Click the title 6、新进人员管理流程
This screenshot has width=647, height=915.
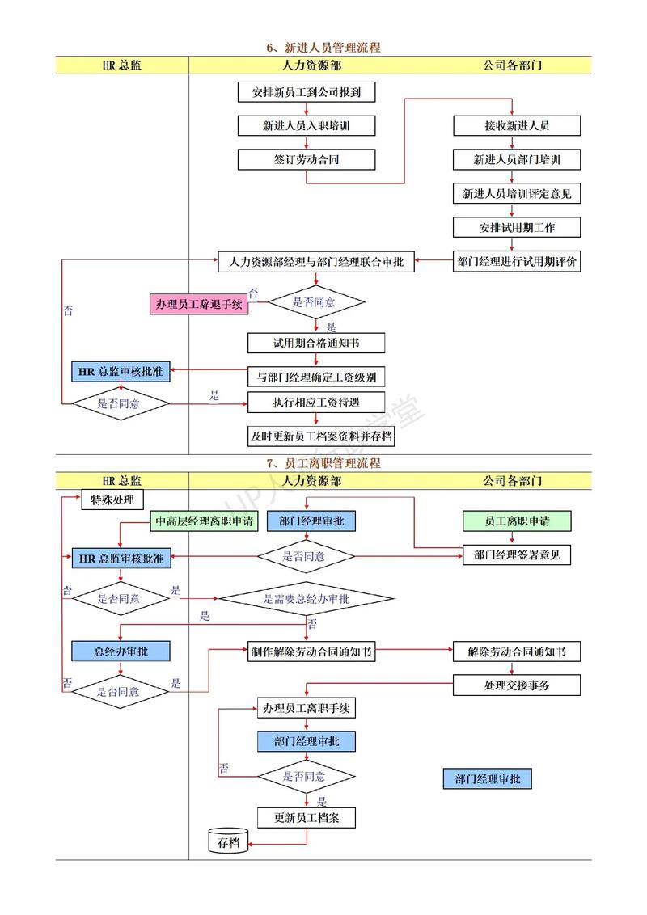(x=323, y=48)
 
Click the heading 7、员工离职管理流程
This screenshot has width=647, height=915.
(x=323, y=463)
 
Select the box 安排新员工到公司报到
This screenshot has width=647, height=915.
(x=307, y=92)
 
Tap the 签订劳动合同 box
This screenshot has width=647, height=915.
(x=307, y=159)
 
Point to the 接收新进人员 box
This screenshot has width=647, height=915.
(x=517, y=126)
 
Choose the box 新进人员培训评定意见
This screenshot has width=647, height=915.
(x=517, y=194)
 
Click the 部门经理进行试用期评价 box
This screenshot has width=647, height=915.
(x=517, y=261)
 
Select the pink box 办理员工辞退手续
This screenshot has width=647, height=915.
(x=199, y=304)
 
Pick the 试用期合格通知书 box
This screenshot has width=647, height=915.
(x=316, y=343)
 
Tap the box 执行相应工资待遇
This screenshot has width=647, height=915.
(x=316, y=402)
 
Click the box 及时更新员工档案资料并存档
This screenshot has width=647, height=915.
(x=321, y=436)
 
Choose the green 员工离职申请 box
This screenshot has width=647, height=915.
(x=517, y=521)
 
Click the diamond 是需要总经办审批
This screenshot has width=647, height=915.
(x=307, y=599)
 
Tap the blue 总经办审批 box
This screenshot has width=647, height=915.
(x=121, y=651)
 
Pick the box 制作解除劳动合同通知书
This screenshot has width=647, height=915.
(x=311, y=652)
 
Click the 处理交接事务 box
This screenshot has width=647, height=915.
(x=517, y=685)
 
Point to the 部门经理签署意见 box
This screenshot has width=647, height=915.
(x=517, y=555)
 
